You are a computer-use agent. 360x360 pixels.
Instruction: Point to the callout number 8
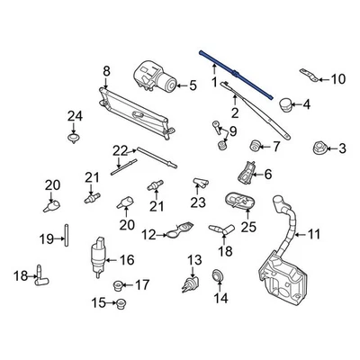[x=106, y=71]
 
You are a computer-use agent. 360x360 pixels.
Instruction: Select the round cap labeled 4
[x=285, y=104]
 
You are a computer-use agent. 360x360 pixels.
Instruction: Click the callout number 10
[x=337, y=79]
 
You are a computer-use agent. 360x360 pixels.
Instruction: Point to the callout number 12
[x=148, y=236]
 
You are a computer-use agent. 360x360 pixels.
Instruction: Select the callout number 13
[x=192, y=260]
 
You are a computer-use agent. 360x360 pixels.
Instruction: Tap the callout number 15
[x=96, y=302]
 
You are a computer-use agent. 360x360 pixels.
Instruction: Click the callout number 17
[x=141, y=285]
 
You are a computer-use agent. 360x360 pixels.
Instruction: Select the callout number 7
[x=275, y=145]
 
